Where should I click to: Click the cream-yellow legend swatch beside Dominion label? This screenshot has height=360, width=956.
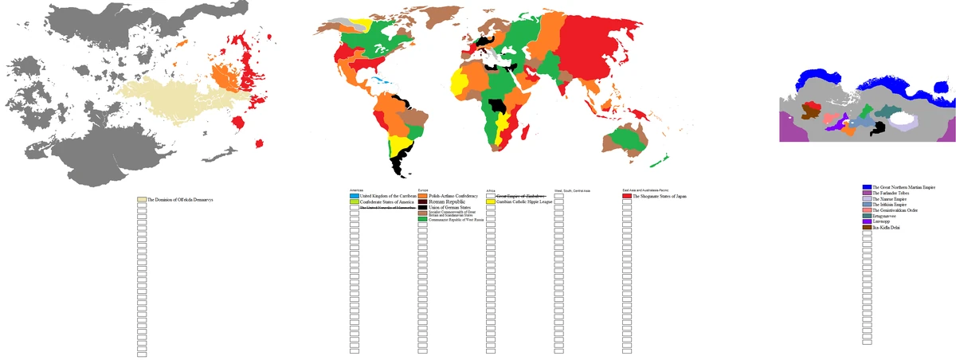coord(142,199)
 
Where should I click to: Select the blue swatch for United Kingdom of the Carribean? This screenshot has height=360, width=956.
coord(355,196)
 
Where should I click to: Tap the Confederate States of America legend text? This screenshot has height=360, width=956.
coord(386,202)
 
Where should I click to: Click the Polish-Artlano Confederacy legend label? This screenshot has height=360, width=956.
coord(453,196)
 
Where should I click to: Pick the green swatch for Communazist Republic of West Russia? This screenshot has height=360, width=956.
coord(423,219)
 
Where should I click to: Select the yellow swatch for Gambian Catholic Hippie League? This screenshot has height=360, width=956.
coord(491,202)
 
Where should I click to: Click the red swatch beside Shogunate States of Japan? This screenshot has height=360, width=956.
coord(626,196)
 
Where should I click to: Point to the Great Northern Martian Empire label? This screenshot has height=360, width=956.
coord(903,186)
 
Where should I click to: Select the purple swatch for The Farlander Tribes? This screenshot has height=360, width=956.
coord(867,192)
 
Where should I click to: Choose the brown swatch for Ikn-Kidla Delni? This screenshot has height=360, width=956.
coord(867,228)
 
